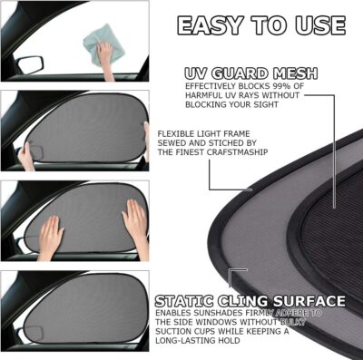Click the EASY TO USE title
[x=260, y=24]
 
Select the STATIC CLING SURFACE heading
[x=250, y=300]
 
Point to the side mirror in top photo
[x=30, y=65]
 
